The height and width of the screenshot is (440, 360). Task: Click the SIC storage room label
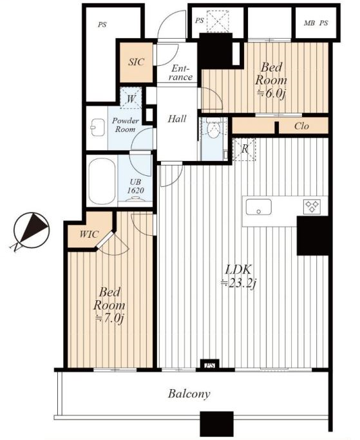[137, 62]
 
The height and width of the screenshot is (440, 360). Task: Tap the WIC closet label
[89, 234]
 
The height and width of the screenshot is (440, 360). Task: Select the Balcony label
[189, 394]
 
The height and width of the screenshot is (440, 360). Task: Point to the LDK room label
[238, 270]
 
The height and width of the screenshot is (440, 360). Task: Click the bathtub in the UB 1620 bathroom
[102, 181]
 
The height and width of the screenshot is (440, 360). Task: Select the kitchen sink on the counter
[258, 207]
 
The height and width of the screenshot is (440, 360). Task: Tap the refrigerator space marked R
[244, 149]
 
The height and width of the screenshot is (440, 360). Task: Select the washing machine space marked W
[131, 98]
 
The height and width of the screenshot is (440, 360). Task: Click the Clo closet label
[301, 126]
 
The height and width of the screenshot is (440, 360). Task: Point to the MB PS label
[316, 23]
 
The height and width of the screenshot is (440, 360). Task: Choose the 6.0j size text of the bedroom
[271, 93]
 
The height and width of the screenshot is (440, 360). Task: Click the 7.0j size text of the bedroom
[109, 318]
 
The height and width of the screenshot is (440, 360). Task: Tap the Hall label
[177, 119]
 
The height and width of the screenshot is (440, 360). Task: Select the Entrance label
[180, 73]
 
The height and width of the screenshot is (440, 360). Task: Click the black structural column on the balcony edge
[216, 424]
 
